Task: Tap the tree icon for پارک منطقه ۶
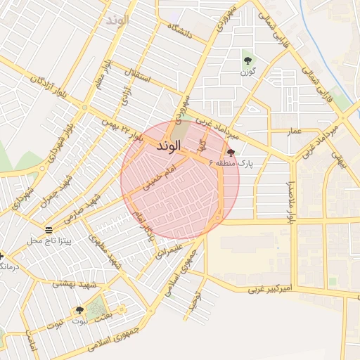pos(231,153)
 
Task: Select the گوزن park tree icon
pos(247,60)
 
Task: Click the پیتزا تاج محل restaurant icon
pos(49,230)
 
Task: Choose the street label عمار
pos(295,131)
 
